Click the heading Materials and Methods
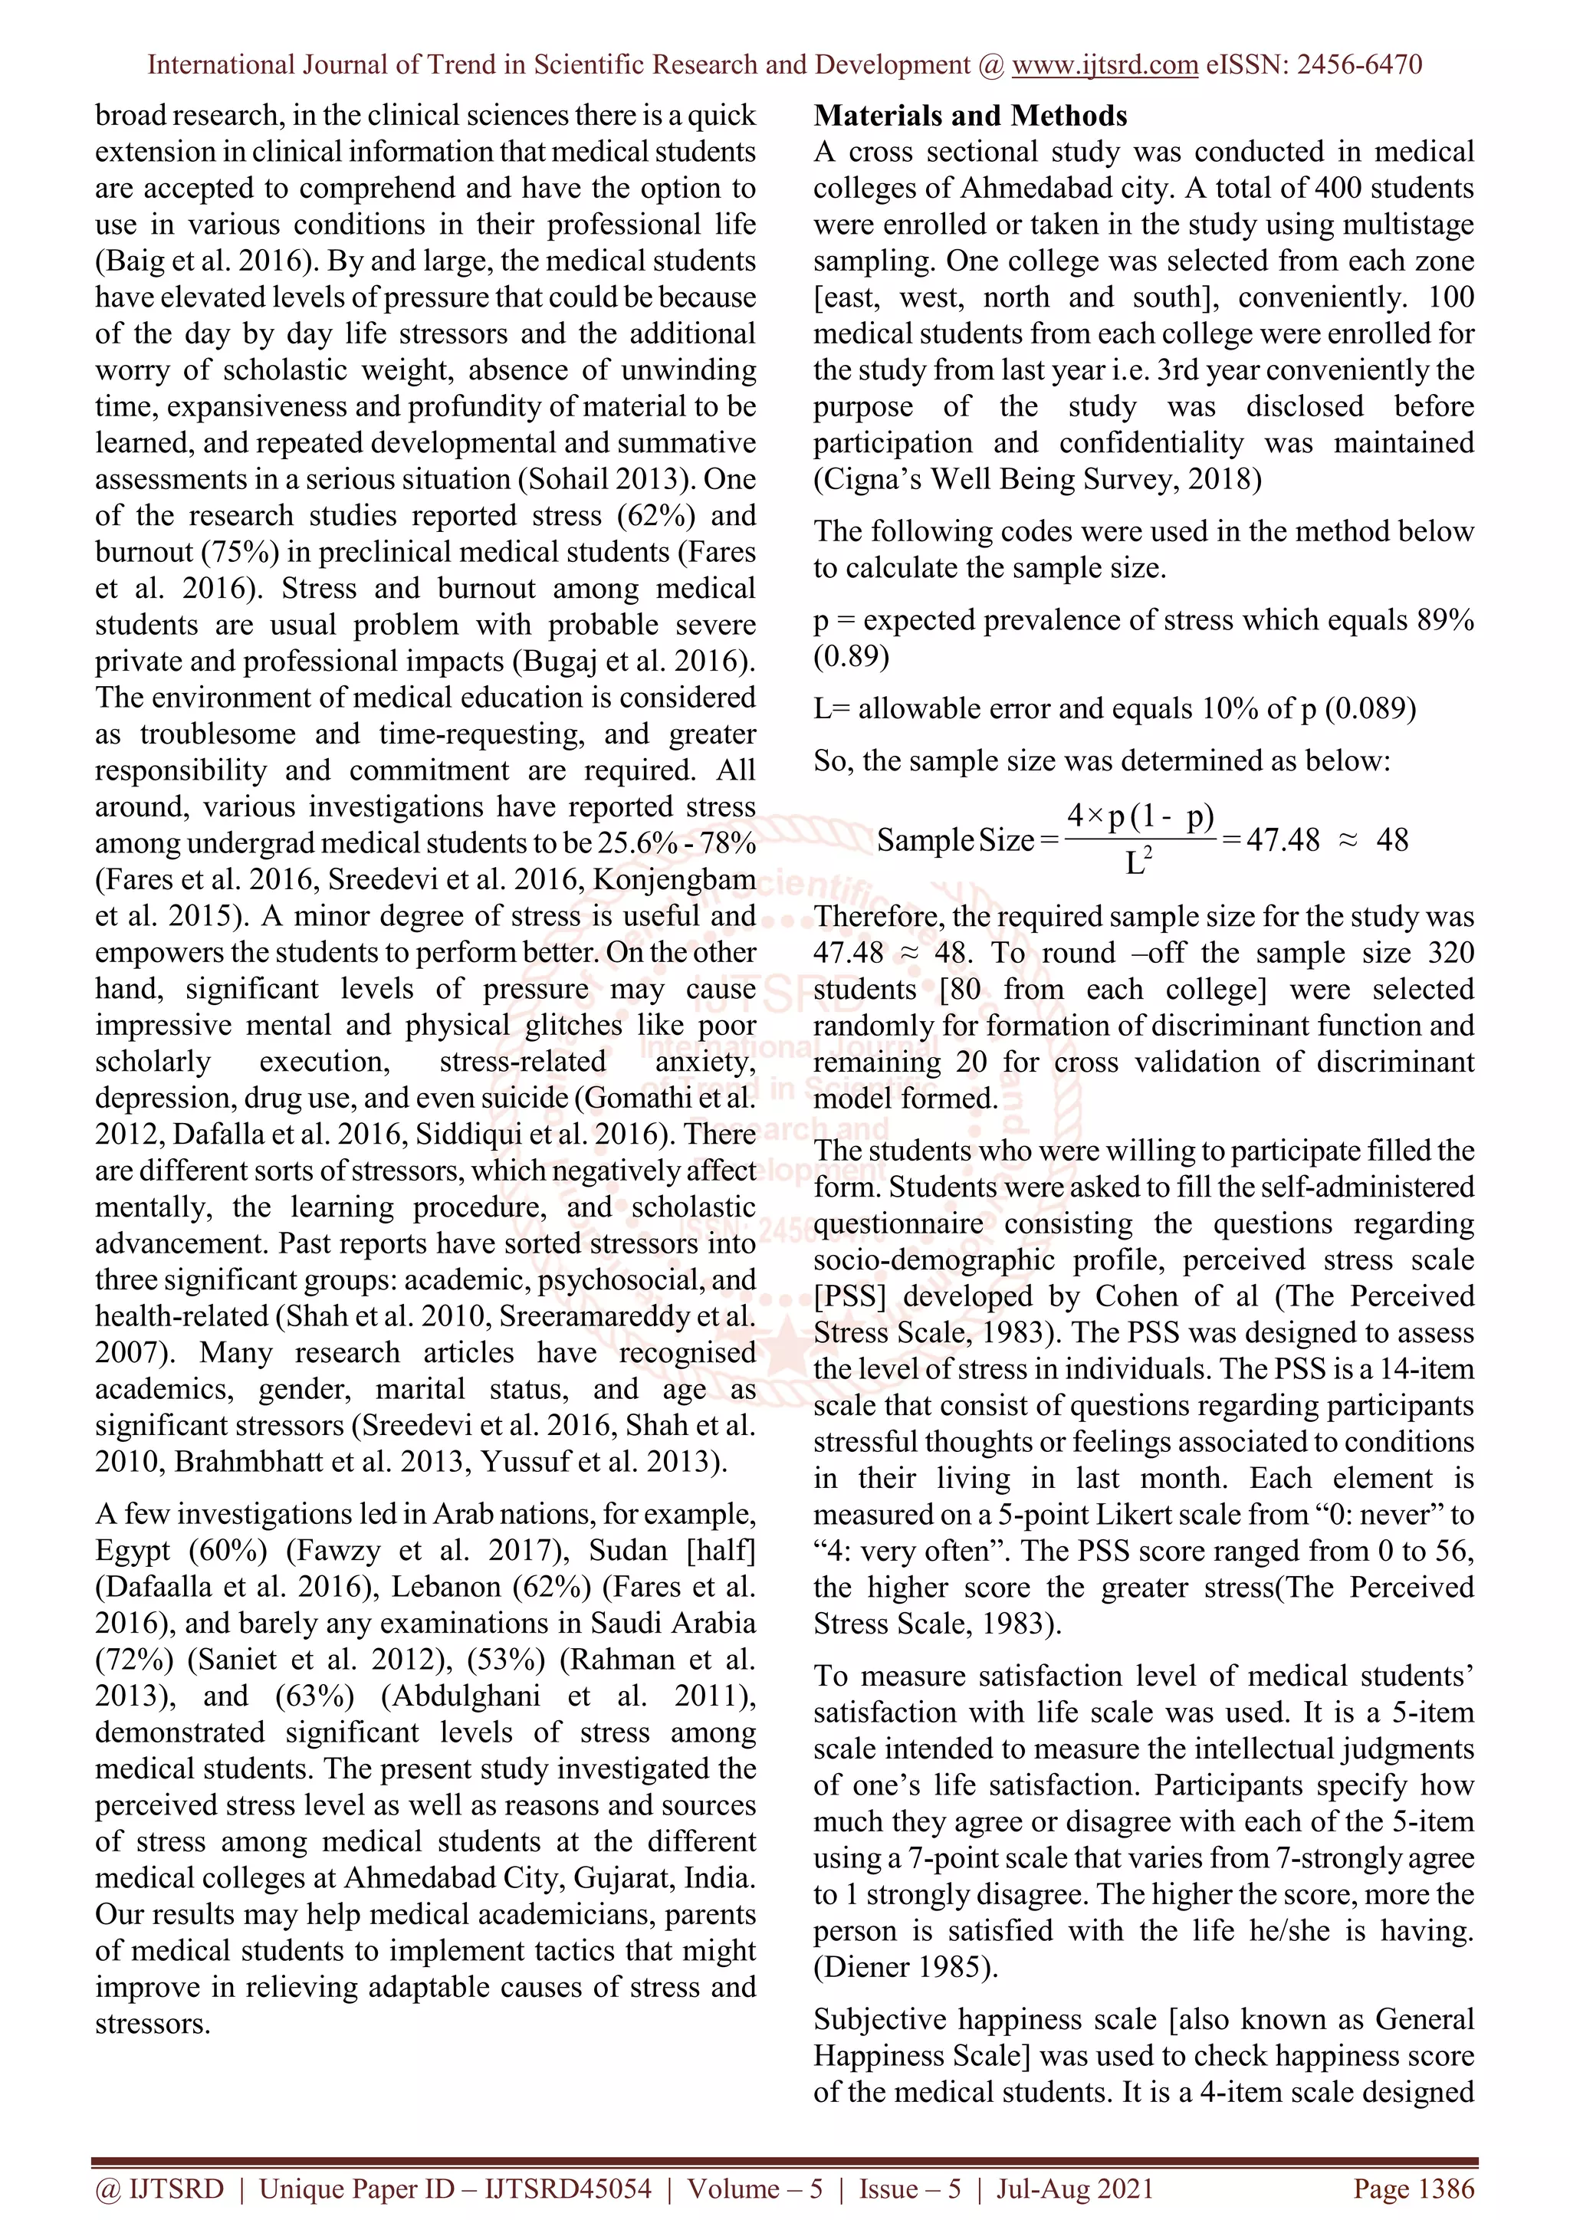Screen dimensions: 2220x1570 pos(970,116)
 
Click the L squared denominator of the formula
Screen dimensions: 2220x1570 pos(1138,861)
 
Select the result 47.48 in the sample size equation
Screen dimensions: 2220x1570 pos(1282,839)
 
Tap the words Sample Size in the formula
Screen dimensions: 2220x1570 pos(954,840)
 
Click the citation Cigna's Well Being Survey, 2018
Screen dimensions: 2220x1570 pos(1036,480)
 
